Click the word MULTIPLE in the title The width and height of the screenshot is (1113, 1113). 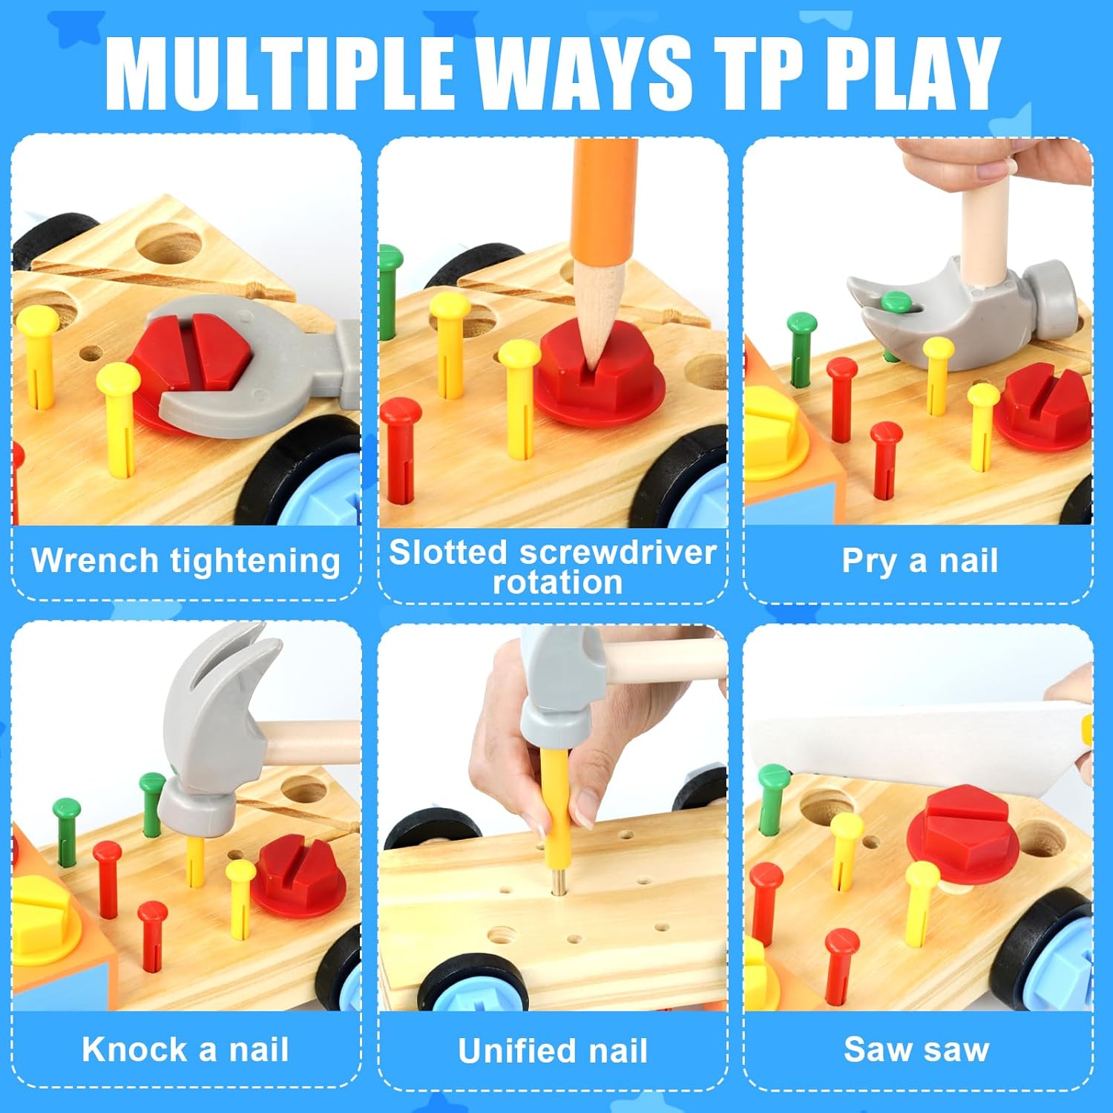click(280, 73)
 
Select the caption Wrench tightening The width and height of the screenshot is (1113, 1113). click(185, 561)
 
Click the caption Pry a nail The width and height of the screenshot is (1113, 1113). click(919, 561)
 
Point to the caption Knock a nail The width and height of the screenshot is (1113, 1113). click(185, 1049)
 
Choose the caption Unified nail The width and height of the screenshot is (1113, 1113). click(553, 1050)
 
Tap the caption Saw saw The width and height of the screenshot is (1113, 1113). click(917, 1049)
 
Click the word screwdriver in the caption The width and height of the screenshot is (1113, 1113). click(617, 552)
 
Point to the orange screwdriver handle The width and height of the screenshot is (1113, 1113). click(605, 200)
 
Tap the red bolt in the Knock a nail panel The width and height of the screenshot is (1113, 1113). click(298, 876)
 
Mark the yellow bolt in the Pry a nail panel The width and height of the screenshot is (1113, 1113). click(775, 430)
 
